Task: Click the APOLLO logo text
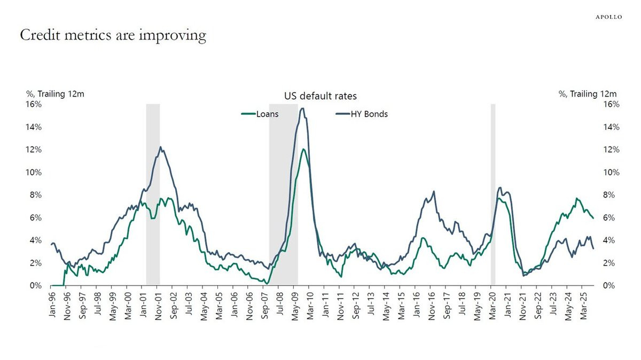(609, 17)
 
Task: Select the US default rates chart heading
(320, 96)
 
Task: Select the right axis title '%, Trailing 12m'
(588, 94)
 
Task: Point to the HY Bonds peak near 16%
(303, 109)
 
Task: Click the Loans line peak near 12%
(303, 150)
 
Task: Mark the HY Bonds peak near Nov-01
(161, 148)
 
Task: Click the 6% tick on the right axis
(611, 217)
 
